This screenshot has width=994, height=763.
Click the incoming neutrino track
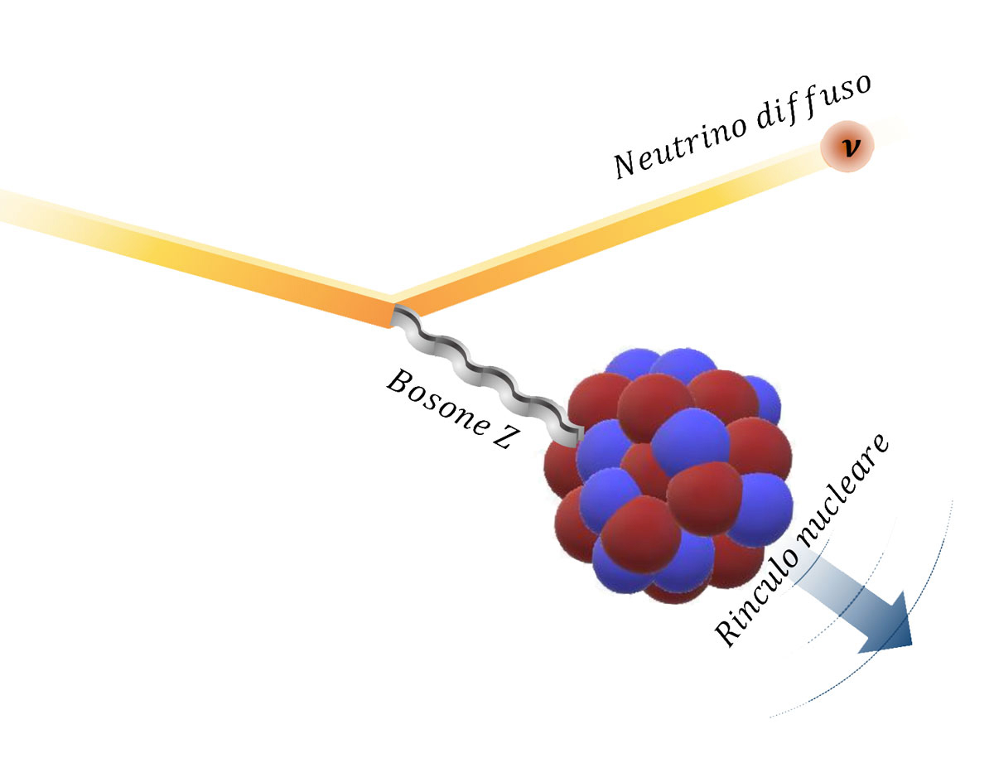tap(207, 256)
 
